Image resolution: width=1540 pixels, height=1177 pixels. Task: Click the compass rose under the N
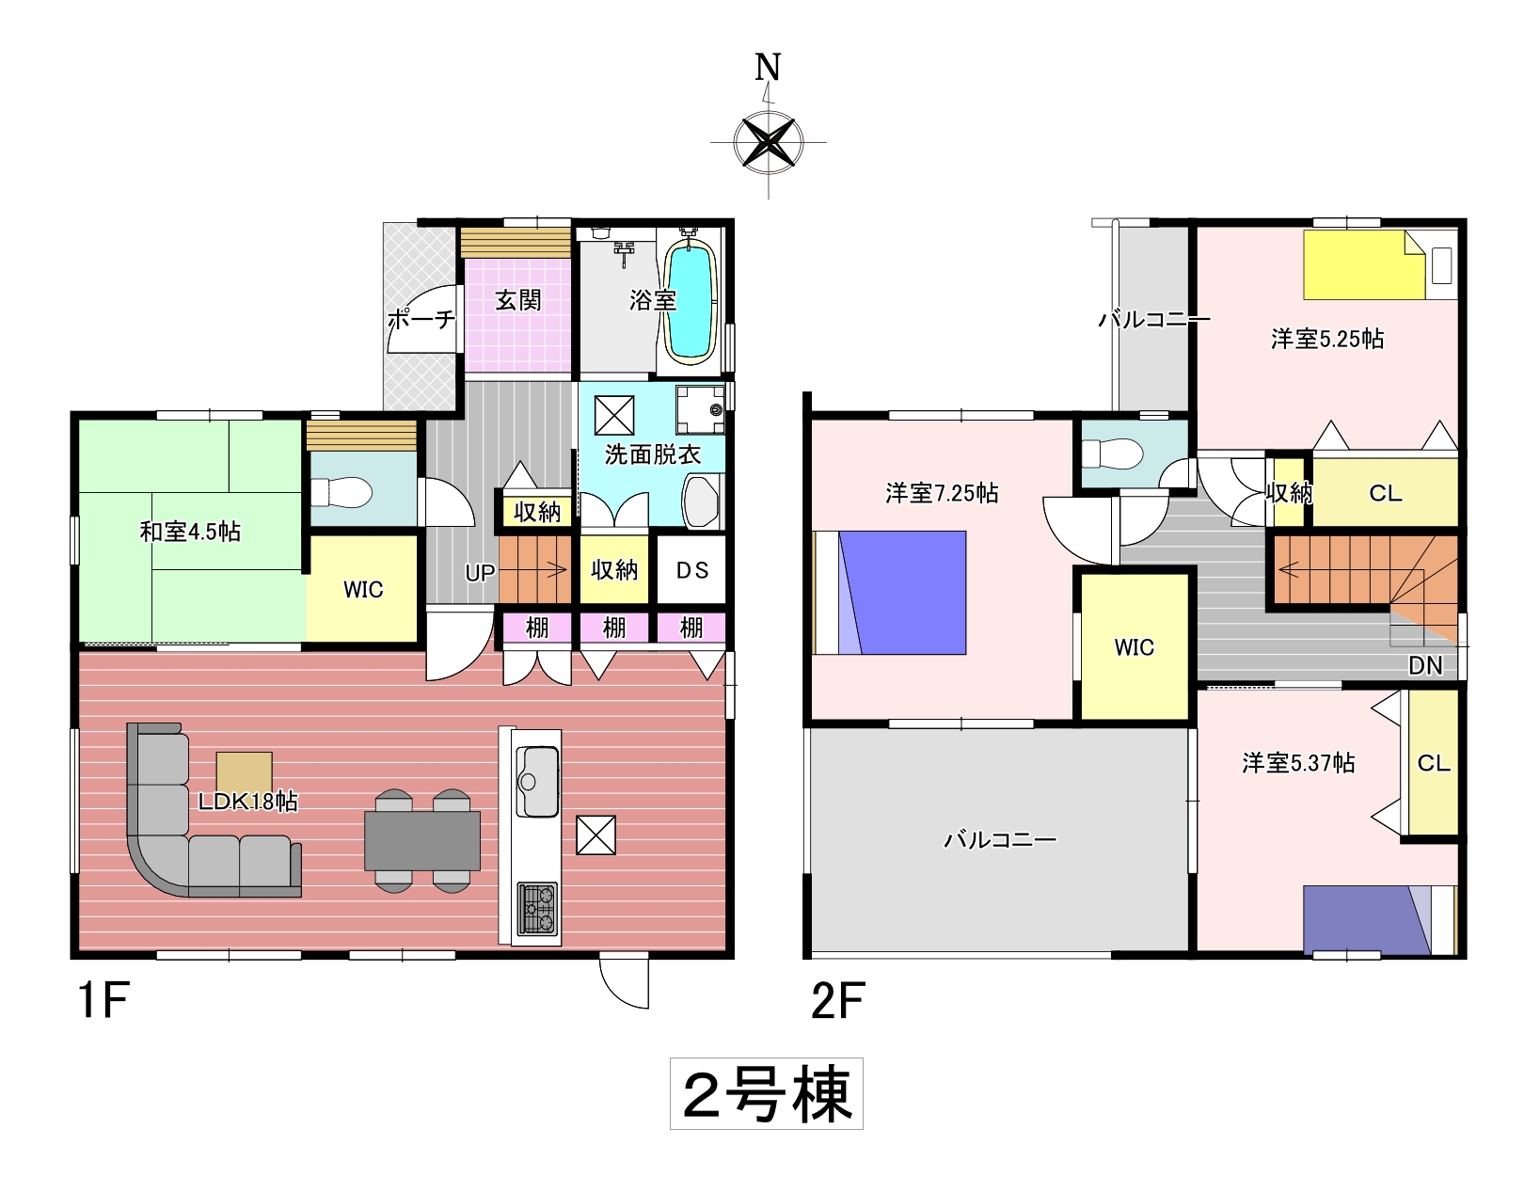pyautogui.click(x=769, y=142)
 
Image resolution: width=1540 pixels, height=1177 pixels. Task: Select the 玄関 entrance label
pyautogui.click(x=517, y=300)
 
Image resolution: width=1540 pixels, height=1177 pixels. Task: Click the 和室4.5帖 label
pyautogui.click(x=190, y=532)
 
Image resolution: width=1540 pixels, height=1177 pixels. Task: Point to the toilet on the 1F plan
pyautogui.click(x=341, y=492)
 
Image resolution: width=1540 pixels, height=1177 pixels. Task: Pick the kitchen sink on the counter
pyautogui.click(x=537, y=782)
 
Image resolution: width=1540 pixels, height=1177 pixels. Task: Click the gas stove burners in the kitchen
pyautogui.click(x=537, y=908)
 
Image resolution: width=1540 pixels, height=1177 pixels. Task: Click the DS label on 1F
pyautogui.click(x=692, y=570)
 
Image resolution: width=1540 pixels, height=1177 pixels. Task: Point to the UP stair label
pyautogui.click(x=480, y=573)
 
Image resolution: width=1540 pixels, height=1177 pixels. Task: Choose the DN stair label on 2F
pyautogui.click(x=1425, y=666)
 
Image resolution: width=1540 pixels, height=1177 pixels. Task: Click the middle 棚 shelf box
pyautogui.click(x=614, y=628)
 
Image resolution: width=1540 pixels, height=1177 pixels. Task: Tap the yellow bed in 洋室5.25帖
pyautogui.click(x=1364, y=265)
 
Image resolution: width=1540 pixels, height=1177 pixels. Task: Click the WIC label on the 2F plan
pyautogui.click(x=1135, y=646)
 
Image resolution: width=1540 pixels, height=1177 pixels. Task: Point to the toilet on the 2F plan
pyautogui.click(x=1113, y=453)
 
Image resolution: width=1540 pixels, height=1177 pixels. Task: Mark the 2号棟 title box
pyautogui.click(x=767, y=1093)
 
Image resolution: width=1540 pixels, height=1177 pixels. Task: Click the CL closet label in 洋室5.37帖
pyautogui.click(x=1434, y=763)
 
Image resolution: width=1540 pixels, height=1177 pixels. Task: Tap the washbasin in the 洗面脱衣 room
pyautogui.click(x=701, y=501)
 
